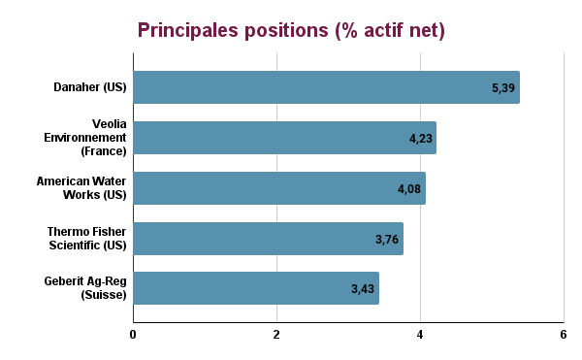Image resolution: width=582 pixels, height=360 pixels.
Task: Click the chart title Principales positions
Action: pos(291,30)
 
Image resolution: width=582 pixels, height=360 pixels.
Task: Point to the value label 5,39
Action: pos(502,88)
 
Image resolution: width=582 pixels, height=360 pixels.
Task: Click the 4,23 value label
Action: pos(420,139)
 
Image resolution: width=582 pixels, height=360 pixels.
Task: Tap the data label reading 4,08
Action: pos(409,189)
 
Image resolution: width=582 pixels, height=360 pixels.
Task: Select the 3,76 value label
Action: pos(386,240)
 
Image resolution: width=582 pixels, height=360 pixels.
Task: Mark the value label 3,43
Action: pos(363,290)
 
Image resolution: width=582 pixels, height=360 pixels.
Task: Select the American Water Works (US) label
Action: pos(81,188)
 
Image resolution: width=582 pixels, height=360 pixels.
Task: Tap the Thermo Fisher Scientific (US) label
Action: pos(87,239)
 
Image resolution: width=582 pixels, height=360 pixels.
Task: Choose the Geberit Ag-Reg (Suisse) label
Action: pos(85,288)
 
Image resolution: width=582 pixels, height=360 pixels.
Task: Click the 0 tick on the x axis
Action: pos(133,335)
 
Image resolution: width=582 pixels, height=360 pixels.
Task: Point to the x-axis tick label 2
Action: pos(276,335)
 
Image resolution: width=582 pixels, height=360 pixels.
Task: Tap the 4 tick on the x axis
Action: pos(420,335)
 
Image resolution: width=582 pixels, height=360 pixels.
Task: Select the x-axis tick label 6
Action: pos(564,335)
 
